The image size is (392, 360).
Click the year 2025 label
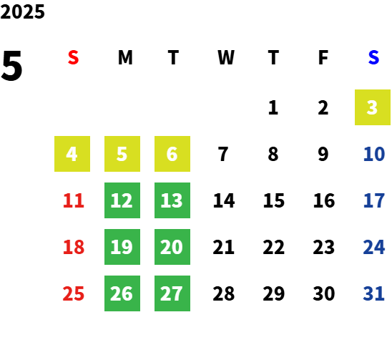click(22, 11)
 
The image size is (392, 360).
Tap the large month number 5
click(11, 66)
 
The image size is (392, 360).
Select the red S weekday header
click(73, 57)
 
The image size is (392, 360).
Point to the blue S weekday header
click(373, 57)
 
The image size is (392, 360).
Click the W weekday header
click(226, 57)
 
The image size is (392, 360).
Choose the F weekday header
click(323, 57)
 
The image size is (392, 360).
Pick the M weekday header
click(125, 57)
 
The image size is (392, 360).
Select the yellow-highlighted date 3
click(373, 107)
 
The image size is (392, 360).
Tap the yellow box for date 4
click(72, 154)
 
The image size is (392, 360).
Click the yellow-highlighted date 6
click(172, 154)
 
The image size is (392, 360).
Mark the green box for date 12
click(122, 200)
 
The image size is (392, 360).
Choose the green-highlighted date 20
click(172, 247)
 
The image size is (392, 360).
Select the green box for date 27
click(172, 293)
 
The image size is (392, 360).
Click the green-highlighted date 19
click(122, 247)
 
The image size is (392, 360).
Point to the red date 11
click(74, 200)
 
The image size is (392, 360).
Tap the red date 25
click(74, 293)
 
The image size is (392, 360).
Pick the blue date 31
click(373, 293)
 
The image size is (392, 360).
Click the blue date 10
click(374, 154)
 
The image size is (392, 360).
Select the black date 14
click(224, 200)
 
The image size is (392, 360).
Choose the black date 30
click(324, 293)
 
